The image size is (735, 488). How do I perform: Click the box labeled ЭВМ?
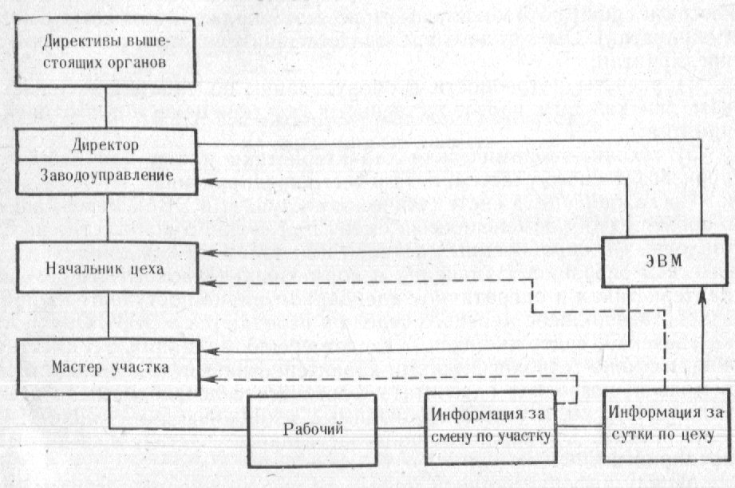(652, 262)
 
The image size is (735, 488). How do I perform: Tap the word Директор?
(105, 145)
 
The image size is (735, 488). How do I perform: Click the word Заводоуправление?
(105, 175)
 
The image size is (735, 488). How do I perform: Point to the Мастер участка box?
(105, 367)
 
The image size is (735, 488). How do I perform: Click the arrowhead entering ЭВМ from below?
(701, 297)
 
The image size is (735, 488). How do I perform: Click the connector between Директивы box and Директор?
(105, 108)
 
